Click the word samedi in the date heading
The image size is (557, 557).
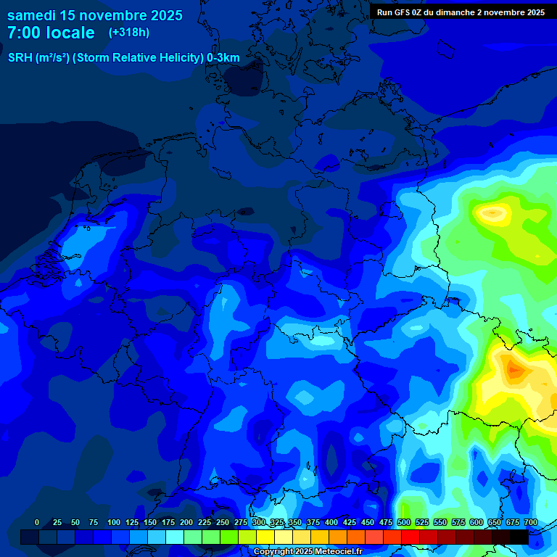(31, 15)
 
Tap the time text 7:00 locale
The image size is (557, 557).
(51, 33)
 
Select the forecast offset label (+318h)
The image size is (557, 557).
(128, 33)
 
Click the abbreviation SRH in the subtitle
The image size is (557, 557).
(20, 58)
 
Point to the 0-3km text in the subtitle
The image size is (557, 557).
(223, 58)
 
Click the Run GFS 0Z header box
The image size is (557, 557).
(461, 12)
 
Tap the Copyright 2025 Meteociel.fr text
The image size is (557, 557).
(308, 552)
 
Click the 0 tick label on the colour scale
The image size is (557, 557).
(37, 522)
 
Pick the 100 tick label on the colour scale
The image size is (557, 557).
(114, 522)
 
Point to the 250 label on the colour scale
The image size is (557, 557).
(223, 522)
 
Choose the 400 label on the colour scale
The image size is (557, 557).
(331, 522)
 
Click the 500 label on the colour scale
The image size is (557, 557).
(404, 522)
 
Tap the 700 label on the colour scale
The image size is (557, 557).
(531, 522)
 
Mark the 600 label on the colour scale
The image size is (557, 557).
(476, 522)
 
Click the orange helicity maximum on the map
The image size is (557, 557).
(513, 370)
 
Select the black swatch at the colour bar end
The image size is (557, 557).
(519, 537)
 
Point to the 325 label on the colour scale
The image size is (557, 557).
(277, 522)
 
